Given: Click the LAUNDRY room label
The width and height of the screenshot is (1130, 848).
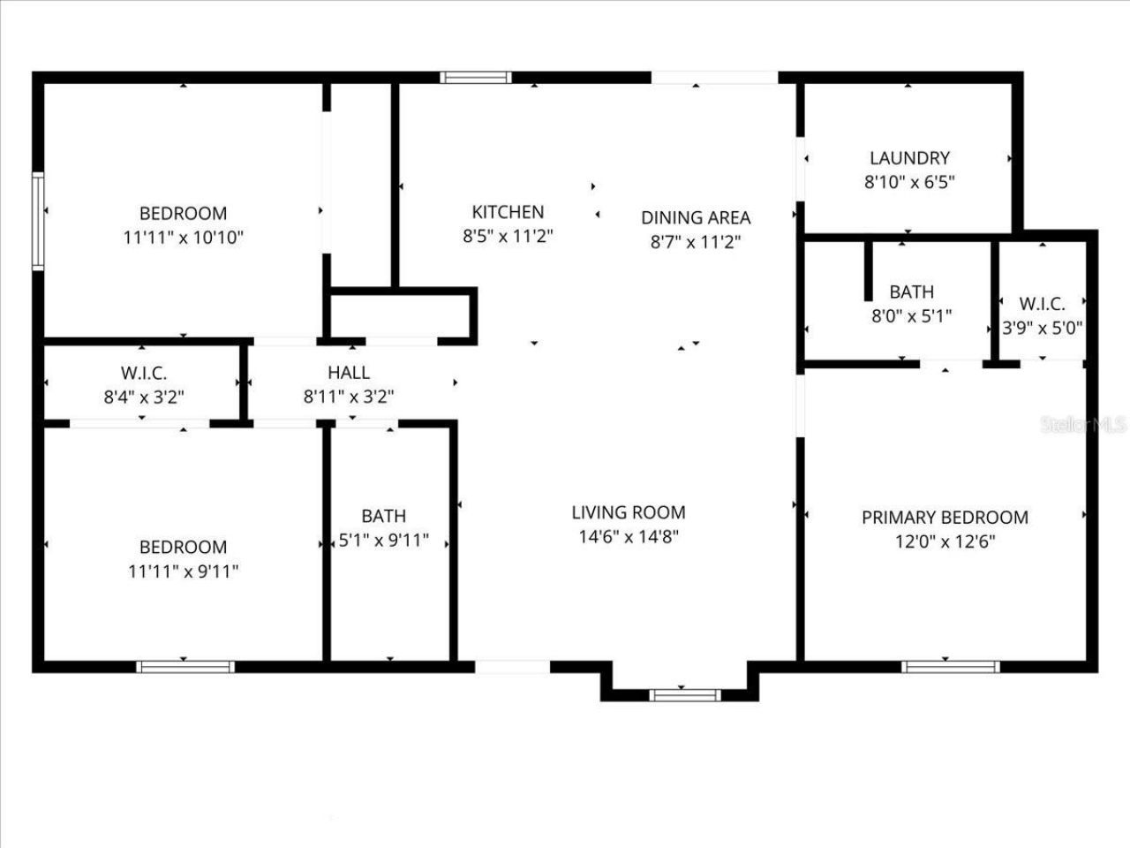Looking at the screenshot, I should (909, 158).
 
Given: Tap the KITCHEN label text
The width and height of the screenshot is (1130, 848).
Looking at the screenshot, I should (508, 212).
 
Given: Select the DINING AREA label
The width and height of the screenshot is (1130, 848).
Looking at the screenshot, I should (696, 217).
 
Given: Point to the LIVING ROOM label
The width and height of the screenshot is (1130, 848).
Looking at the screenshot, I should (629, 512).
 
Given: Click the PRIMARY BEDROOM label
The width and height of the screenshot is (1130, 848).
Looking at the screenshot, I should (945, 518).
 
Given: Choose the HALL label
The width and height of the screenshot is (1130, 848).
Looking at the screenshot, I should (349, 373).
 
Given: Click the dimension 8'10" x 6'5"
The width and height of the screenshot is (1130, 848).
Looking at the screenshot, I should (909, 182).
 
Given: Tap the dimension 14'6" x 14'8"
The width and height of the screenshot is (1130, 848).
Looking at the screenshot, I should (629, 536).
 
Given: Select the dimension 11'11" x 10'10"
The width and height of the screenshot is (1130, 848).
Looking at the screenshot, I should (183, 237).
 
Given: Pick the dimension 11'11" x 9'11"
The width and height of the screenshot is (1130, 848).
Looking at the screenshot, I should (183, 571).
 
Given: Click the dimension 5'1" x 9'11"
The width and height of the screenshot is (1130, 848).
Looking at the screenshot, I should (384, 540).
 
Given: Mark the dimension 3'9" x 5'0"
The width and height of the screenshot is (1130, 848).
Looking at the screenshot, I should (1042, 328).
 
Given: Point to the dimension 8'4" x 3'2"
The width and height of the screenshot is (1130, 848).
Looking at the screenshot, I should (143, 397).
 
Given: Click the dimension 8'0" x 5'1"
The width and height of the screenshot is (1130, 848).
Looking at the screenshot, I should (911, 315).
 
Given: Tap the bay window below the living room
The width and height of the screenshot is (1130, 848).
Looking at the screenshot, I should (684, 695).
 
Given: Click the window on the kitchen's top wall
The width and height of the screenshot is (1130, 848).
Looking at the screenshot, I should (476, 78).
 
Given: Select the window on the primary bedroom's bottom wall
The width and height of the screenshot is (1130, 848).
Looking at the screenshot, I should (950, 667).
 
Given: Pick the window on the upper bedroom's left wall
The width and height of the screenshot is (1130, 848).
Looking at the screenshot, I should (38, 220).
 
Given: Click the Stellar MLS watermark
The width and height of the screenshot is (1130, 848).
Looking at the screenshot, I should (1083, 425).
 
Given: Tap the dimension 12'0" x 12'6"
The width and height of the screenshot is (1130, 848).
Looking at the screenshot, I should (945, 541).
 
